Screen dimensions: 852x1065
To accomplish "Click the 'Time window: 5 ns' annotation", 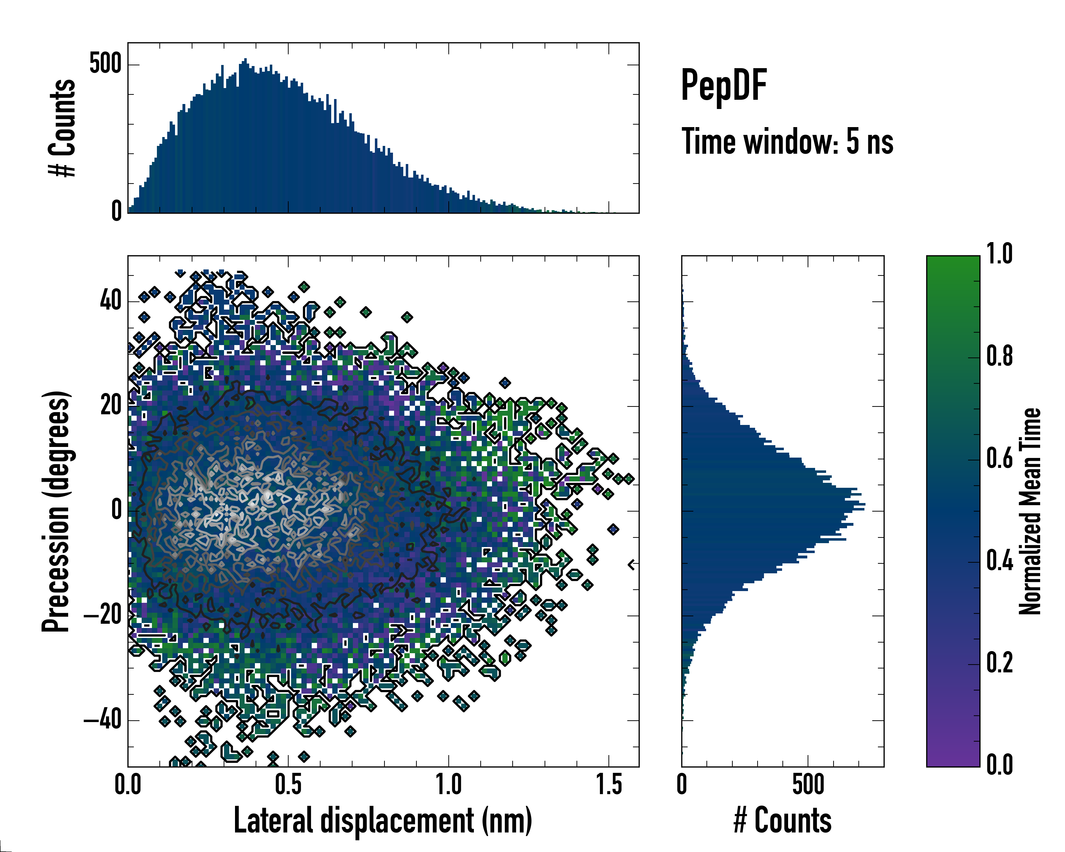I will tap(787, 142).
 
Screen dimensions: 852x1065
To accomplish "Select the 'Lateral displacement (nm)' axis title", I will tap(383, 820).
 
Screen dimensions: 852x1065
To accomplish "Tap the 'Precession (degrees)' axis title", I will tap(56, 511).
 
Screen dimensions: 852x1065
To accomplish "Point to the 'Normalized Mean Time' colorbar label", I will tap(1030, 511).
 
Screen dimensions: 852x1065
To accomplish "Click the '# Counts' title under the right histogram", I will tap(782, 820).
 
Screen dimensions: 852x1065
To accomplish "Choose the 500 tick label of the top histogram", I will tap(105, 64).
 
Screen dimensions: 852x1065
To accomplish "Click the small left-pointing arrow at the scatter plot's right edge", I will tap(631, 564).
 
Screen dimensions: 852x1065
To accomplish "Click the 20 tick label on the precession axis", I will tap(111, 406).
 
